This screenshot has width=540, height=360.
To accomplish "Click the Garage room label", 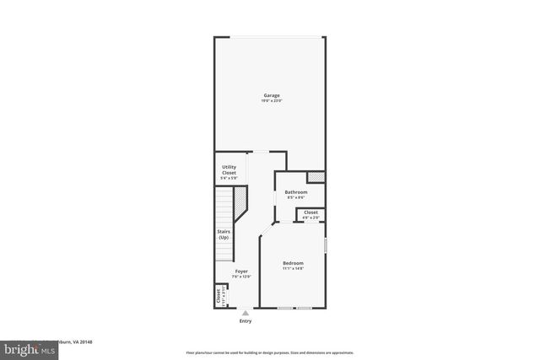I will [x=271, y=95].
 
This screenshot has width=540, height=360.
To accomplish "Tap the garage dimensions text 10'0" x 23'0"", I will [x=271, y=101].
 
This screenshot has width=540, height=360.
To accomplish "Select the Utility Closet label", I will [x=229, y=170].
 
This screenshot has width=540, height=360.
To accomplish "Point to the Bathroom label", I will [x=295, y=192].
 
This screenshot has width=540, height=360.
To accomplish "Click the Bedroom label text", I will [x=293, y=263].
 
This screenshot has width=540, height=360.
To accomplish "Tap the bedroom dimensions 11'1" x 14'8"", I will [x=293, y=269].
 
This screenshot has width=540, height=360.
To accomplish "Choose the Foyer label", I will [x=241, y=271].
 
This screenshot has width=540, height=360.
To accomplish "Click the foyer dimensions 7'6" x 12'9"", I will [x=241, y=277].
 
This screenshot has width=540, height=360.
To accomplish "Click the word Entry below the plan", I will [x=246, y=320].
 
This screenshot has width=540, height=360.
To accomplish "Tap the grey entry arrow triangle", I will [x=246, y=312].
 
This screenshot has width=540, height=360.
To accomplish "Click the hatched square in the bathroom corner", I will [x=316, y=177].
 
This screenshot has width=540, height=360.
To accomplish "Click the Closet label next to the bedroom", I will [x=310, y=212].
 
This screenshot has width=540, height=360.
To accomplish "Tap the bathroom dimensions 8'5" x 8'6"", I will [x=295, y=198].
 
